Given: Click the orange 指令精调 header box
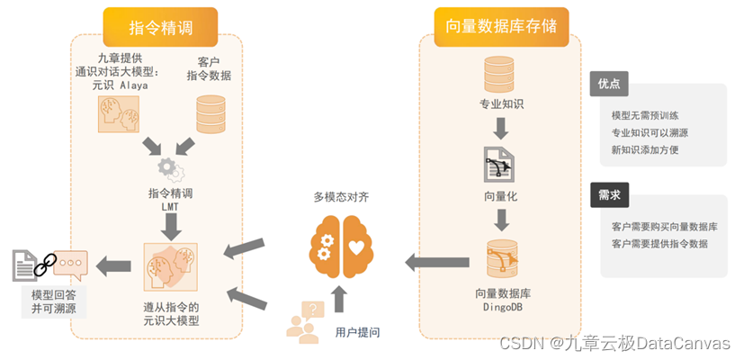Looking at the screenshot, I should tap(160, 27).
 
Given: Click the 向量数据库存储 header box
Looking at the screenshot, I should tap(501, 27).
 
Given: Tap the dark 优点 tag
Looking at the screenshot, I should tap(608, 85).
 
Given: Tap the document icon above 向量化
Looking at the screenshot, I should tap(499, 164).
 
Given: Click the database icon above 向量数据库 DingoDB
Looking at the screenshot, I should tap(501, 259).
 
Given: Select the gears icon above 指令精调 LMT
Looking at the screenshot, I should tap(170, 167).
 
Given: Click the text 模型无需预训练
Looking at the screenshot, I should tap(645, 116).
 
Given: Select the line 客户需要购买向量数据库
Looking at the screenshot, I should tap(664, 227).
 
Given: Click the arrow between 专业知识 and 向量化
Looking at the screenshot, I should tap(501, 129).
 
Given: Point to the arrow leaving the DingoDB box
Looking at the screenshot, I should tap(436, 263).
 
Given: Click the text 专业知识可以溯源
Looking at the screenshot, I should tap(650, 133).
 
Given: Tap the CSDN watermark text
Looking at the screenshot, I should tap(615, 344).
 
